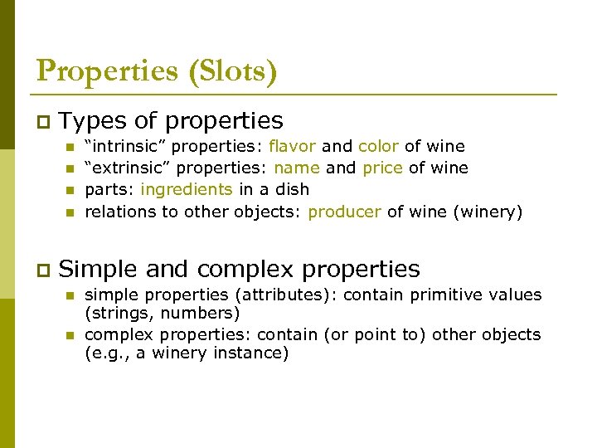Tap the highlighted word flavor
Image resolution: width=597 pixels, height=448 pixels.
[292, 146]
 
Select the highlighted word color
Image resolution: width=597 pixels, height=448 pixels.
[378, 146]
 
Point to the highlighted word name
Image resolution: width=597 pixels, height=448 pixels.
[303, 168]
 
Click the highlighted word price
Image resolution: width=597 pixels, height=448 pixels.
[382, 168]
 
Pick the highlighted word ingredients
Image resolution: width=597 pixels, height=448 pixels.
[187, 189]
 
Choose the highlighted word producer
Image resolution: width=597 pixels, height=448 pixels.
[344, 212]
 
